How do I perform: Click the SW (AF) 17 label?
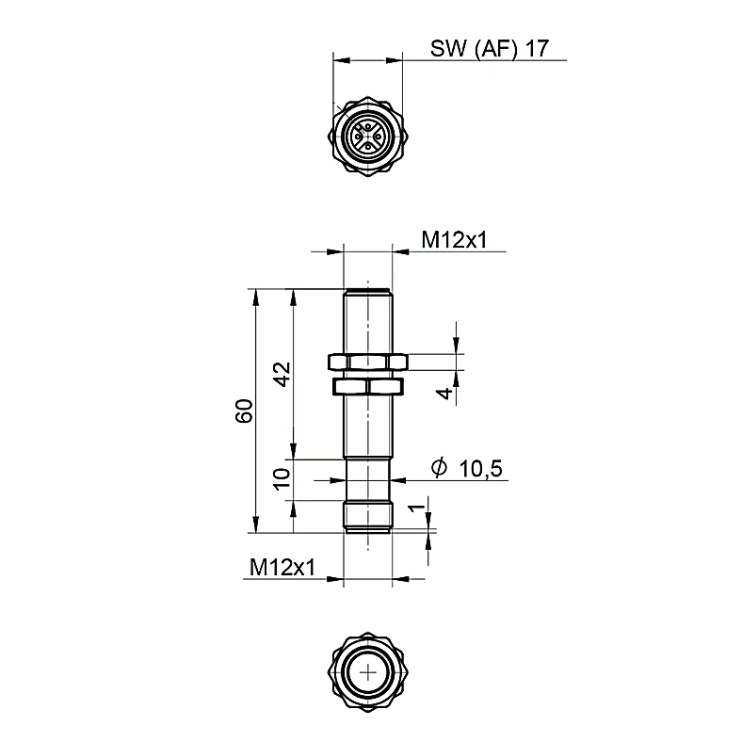click(490, 48)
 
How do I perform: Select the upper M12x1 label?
click(454, 240)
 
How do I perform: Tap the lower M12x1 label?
click(282, 567)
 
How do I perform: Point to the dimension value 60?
click(245, 411)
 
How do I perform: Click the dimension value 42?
click(282, 375)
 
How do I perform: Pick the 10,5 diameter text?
click(480, 469)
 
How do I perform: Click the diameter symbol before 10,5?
click(439, 467)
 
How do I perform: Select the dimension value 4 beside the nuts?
click(444, 393)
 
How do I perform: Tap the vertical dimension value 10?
click(282, 479)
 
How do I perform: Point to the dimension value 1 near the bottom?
click(416, 508)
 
